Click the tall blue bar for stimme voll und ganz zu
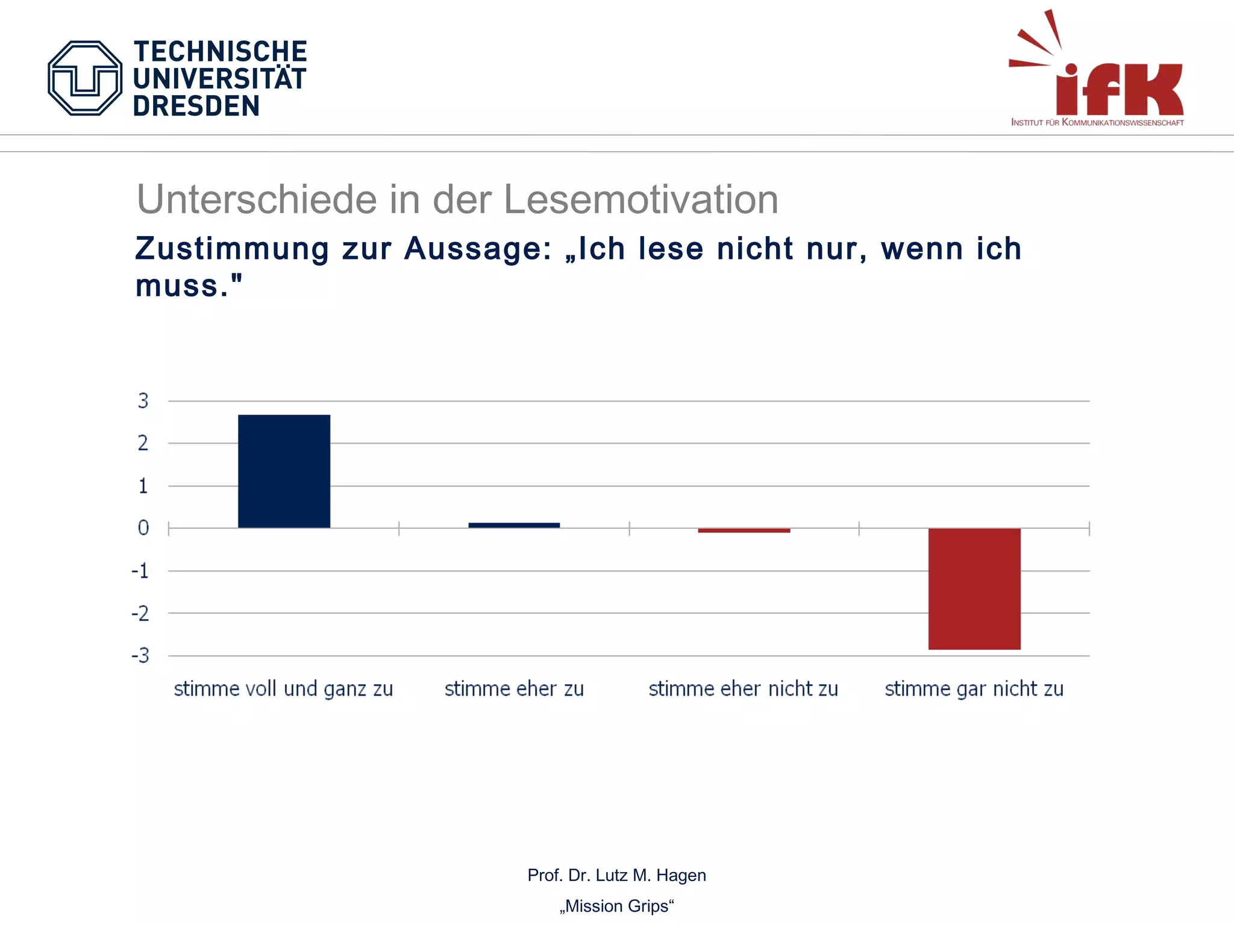click(284, 471)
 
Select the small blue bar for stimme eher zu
click(514, 525)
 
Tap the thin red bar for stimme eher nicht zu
click(744, 531)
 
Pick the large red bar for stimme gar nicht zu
click(974, 588)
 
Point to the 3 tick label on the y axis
click(143, 401)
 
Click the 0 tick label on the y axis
click(143, 528)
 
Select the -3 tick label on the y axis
click(140, 655)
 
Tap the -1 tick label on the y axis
click(140, 571)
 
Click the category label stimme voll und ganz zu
click(283, 688)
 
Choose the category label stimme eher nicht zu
click(743, 688)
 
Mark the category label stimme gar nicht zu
click(974, 688)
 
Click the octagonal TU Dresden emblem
click(85, 78)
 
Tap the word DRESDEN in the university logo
click(196, 106)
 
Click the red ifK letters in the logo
click(1120, 89)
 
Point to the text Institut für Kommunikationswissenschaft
click(1097, 122)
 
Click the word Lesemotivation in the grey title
click(640, 199)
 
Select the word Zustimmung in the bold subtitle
click(233, 249)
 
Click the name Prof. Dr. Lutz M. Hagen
click(616, 875)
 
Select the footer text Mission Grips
click(616, 906)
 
